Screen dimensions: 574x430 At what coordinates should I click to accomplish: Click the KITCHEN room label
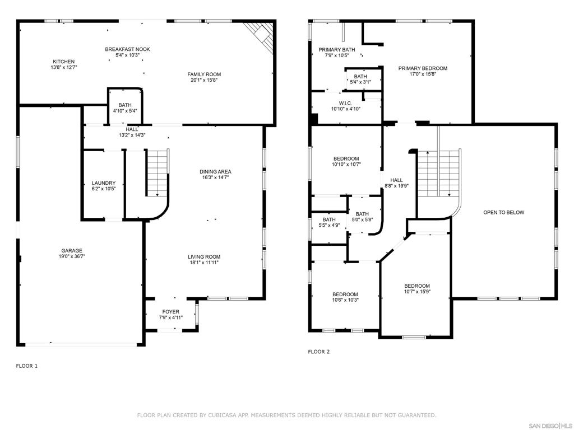(x=64, y=62)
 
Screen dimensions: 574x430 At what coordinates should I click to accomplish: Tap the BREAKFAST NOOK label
(x=127, y=49)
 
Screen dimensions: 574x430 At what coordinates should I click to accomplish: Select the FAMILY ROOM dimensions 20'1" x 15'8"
(x=204, y=80)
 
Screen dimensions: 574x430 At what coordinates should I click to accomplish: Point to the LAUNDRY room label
(x=104, y=183)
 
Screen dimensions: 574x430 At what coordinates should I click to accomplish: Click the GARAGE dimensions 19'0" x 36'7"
(x=72, y=256)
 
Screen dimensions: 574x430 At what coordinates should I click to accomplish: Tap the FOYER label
(x=171, y=312)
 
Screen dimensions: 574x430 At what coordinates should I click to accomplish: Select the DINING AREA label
(x=215, y=172)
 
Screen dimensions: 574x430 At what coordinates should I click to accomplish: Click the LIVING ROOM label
(x=204, y=256)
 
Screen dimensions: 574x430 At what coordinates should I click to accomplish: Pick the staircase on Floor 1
(x=158, y=172)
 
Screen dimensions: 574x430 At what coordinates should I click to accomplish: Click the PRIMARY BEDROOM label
(x=423, y=68)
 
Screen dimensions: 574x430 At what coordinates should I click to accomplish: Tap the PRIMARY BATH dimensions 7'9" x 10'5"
(x=337, y=55)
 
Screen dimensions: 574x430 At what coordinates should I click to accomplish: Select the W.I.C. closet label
(x=345, y=104)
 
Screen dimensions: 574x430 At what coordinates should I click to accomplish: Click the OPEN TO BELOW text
(x=504, y=212)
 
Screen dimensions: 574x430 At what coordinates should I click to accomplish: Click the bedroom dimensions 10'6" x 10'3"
(x=345, y=300)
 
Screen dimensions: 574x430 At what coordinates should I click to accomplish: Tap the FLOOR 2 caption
(x=319, y=352)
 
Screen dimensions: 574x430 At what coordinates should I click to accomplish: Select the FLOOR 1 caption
(x=27, y=366)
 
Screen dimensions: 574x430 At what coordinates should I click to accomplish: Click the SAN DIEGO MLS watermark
(x=550, y=426)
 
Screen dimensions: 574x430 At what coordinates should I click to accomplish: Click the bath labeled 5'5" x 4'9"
(x=328, y=222)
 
